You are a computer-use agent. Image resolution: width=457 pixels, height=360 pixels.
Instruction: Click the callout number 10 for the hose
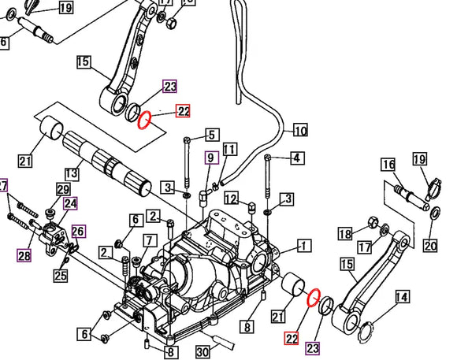(300, 131)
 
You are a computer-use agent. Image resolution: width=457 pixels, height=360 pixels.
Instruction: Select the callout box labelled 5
(211, 135)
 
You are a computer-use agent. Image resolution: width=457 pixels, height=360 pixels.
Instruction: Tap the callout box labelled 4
(295, 158)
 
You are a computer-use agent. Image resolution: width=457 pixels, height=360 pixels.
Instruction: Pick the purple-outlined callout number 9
(210, 158)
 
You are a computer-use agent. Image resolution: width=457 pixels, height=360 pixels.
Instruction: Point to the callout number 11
(229, 150)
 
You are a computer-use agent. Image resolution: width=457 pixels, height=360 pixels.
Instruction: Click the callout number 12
(231, 197)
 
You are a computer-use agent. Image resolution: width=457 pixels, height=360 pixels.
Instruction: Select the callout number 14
(402, 297)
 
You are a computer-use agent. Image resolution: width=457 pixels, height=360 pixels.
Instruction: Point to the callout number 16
(388, 165)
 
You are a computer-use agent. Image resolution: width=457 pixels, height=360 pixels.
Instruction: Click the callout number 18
(344, 233)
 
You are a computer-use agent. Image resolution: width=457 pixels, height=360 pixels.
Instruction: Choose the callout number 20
(429, 245)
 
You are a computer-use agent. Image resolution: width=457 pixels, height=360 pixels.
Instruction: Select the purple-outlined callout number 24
(70, 203)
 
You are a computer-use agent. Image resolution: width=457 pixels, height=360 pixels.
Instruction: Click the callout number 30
(201, 351)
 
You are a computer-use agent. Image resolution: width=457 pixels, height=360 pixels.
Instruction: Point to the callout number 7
(148, 239)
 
